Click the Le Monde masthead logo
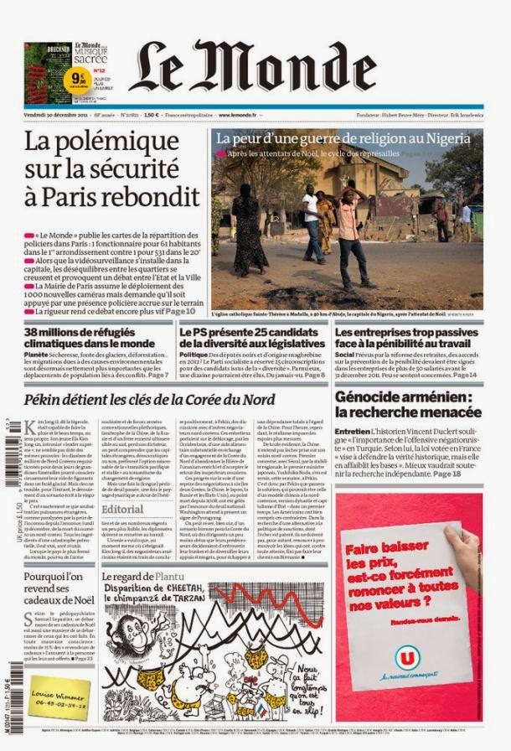pos(252,67)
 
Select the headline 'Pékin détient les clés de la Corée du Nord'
pos(149,400)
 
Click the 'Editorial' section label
pos(122,509)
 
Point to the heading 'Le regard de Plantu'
pos(142,577)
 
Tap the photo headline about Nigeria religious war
pos(343,138)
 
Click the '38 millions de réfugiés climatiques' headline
pos(90,337)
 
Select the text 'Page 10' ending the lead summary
pos(178,310)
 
